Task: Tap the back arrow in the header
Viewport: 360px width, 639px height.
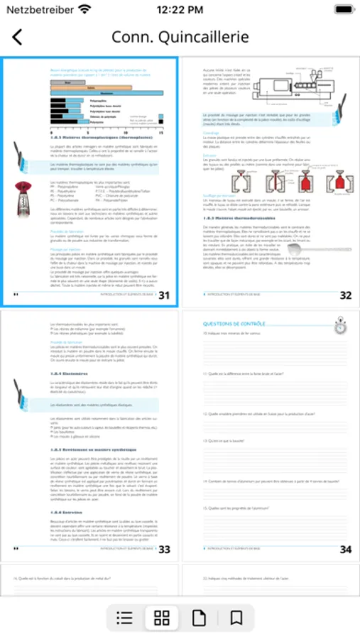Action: point(17,38)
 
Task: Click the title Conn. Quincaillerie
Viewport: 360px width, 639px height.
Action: point(180,38)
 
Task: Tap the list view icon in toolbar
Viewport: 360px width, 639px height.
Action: point(124,618)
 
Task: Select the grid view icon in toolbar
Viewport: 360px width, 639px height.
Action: point(162,618)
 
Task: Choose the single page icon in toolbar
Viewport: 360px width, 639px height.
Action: point(200,618)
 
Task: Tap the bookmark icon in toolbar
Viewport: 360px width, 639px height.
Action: point(236,618)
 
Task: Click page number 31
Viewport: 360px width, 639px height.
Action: point(164,295)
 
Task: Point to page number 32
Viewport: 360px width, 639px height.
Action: point(345,295)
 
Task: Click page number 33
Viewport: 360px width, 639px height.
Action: point(164,549)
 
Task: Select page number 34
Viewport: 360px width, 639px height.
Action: point(345,549)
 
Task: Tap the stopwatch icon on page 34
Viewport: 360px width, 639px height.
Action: point(340,326)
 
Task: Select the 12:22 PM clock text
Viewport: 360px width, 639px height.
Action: point(180,10)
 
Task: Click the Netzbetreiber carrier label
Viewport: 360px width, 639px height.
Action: point(39,10)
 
